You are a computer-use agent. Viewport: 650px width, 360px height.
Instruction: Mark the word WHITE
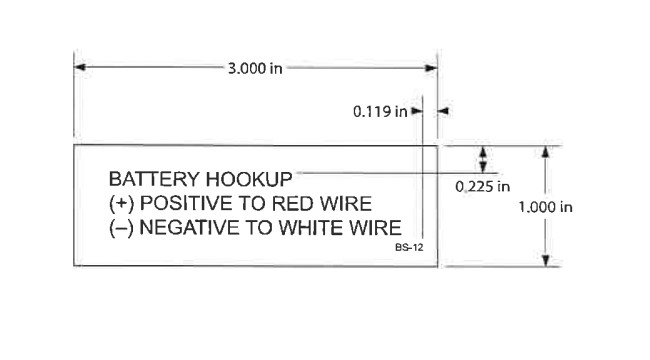(309, 226)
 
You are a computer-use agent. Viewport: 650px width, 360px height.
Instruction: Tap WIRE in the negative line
(374, 226)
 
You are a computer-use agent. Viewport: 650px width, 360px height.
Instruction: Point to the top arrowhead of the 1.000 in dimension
(544, 152)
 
